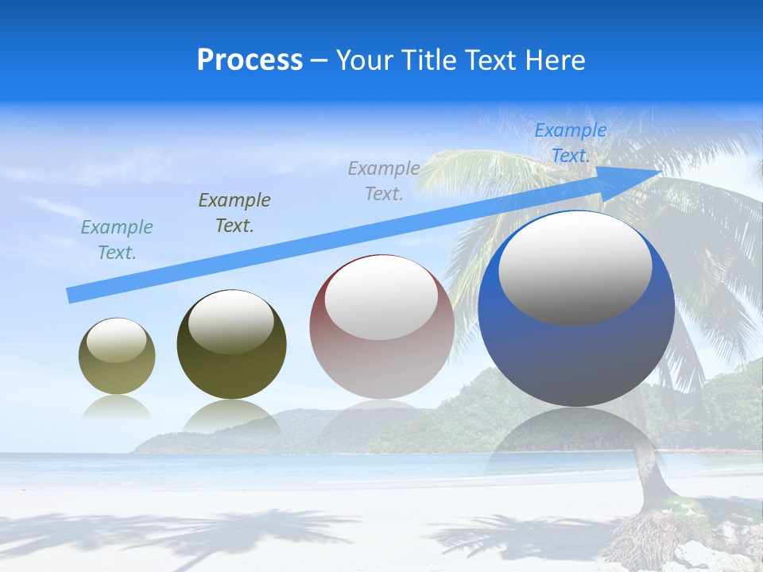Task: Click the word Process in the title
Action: point(250,60)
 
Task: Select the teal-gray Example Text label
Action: point(116,239)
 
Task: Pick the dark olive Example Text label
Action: point(234,212)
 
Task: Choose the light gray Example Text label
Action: point(384,180)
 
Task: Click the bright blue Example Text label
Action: point(570,143)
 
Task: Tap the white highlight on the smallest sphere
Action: point(117,339)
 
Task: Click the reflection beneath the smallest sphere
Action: point(117,408)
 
